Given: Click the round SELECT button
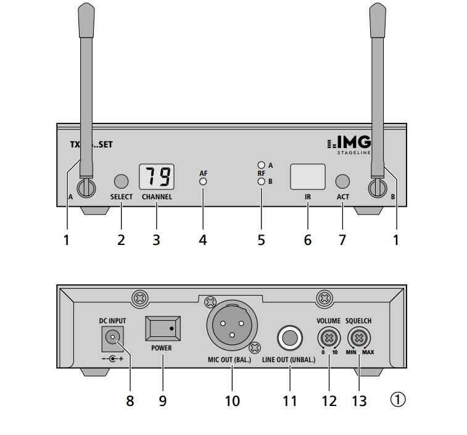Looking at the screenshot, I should click(121, 181).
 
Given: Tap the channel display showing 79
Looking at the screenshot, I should click(157, 177).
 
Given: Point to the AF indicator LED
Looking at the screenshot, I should click(203, 182).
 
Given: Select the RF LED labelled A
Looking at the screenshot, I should click(262, 165).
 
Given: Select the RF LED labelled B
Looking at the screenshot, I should click(262, 181).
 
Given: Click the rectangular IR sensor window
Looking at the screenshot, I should click(307, 176).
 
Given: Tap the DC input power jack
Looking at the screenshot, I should click(112, 337).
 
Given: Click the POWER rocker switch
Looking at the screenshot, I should click(162, 328).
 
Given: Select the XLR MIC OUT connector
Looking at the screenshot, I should click(232, 329).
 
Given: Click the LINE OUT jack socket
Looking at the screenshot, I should click(289, 338).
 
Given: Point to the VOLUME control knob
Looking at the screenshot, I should click(329, 338).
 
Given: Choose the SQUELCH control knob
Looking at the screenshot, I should click(358, 338).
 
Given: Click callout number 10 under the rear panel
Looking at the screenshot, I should click(232, 400).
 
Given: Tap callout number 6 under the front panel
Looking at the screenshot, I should click(307, 240).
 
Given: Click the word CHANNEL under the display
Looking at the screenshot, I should click(157, 197).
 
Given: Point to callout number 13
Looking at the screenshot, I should click(358, 400).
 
